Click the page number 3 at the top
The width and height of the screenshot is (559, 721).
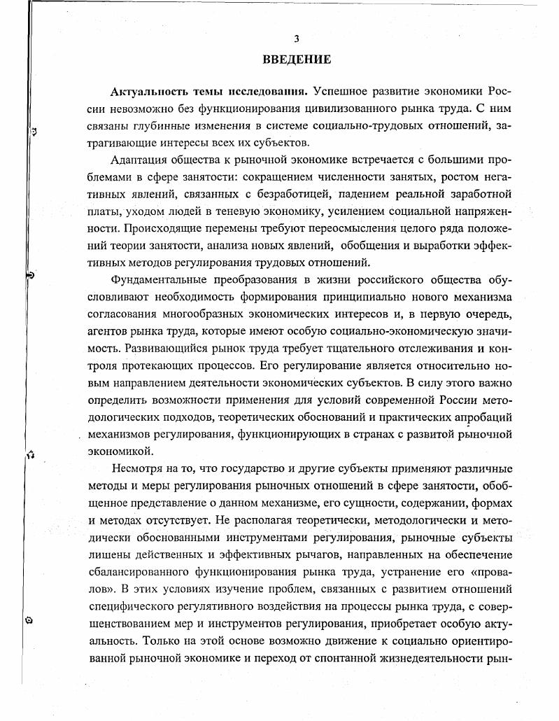(x=297, y=39)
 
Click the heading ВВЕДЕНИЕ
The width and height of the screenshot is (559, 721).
(x=297, y=59)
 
